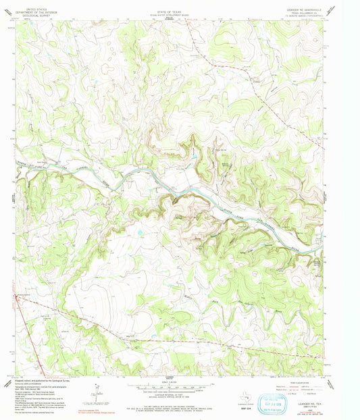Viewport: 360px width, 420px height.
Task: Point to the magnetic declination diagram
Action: [x=98, y=388]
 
